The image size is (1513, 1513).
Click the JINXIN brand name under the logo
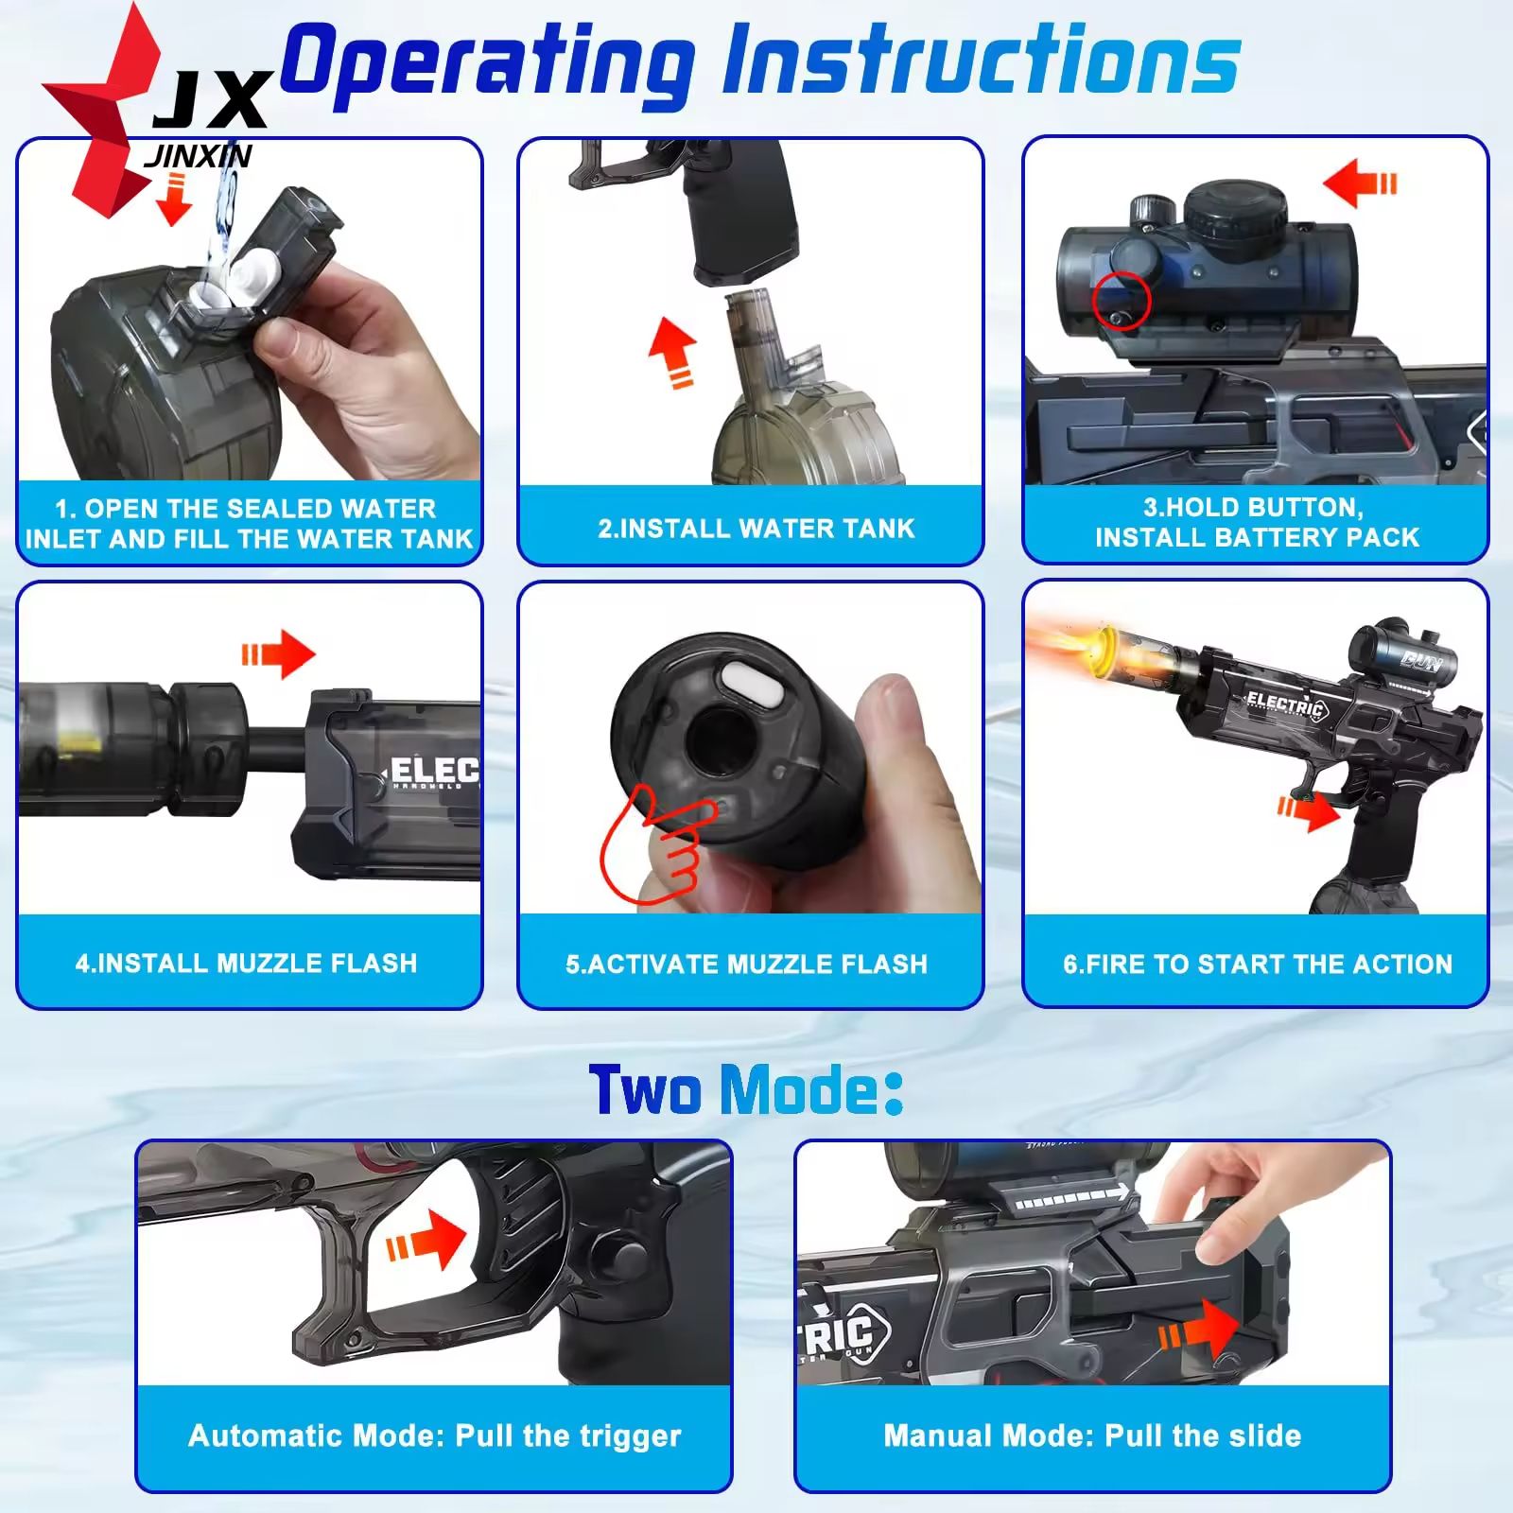[198, 156]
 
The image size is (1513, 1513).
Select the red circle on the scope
[1121, 302]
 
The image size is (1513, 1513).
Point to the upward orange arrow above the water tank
[673, 352]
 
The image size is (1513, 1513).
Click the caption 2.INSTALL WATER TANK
[756, 528]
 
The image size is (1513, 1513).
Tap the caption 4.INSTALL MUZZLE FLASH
[246, 963]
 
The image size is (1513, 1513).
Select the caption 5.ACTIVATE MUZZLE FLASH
[747, 964]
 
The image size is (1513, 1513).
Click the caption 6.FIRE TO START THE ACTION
[1258, 964]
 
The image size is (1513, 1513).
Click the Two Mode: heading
[746, 1089]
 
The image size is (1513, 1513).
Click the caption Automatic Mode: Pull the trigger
[435, 1435]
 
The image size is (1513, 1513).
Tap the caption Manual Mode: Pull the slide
[1092, 1435]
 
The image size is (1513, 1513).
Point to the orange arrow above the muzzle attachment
[278, 653]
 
